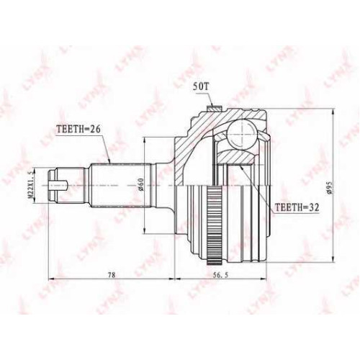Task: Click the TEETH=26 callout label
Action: point(78,130)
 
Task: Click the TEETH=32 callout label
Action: point(297,207)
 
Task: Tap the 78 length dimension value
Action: point(112,275)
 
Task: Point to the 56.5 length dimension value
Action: point(220,275)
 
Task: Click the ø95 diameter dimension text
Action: point(329,187)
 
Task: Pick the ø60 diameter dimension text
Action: point(140,184)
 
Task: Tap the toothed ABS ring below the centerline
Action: point(214,225)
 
